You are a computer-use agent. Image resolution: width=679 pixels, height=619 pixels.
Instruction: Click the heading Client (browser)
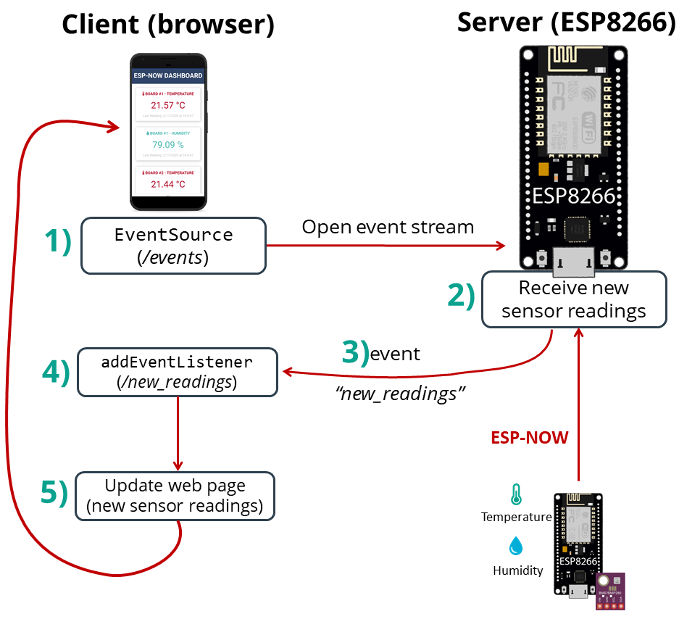pos(168,25)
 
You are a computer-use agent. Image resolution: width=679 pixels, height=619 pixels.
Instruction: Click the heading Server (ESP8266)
pos(566,22)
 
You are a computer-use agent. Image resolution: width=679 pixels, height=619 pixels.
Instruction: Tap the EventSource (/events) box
pos(173,246)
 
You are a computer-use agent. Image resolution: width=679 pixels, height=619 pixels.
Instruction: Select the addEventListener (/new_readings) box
pos(177,372)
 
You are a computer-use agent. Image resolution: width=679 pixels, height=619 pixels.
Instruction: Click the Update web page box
pos(175,496)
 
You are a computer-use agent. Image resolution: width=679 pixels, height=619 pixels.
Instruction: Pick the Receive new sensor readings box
pos(574,299)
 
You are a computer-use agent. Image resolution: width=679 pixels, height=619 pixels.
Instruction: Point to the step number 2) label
pos(461,294)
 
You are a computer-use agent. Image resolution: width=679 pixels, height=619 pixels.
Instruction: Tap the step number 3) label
pos(355,353)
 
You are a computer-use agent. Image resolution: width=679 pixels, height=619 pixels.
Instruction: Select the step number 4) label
pos(56,371)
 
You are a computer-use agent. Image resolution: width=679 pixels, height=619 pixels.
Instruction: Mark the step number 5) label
pos(54,492)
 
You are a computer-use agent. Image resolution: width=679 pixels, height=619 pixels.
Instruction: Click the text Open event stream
pos(388,227)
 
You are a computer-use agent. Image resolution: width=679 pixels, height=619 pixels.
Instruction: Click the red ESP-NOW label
pos(530,438)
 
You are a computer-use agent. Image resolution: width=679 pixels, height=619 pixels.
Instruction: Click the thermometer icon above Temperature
pos(516,495)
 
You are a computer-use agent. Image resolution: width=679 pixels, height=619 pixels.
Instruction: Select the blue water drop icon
pos(516,546)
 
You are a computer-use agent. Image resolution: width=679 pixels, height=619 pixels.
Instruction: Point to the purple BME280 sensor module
pos(610,591)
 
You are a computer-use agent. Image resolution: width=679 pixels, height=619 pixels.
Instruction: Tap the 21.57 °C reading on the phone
pos(168,105)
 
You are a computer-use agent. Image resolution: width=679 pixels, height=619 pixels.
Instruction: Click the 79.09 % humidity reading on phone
pos(168,145)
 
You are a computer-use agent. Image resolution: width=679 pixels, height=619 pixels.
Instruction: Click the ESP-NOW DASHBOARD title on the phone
pos(168,75)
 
